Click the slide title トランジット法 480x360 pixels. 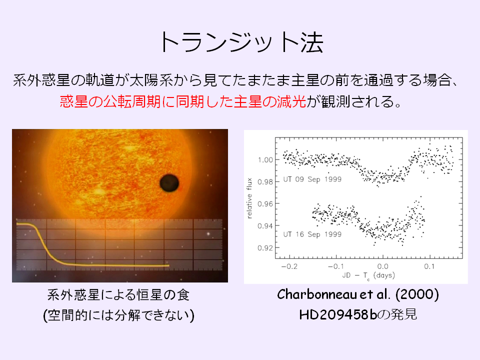pyautogui.click(x=241, y=42)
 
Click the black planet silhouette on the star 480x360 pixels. pyautogui.click(x=169, y=183)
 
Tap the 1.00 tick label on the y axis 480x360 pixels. pyautogui.click(x=265, y=160)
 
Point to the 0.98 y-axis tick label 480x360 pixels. pyautogui.click(x=265, y=182)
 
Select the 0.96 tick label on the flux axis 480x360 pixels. pyautogui.click(x=265, y=204)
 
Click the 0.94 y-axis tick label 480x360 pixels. pyautogui.click(x=265, y=226)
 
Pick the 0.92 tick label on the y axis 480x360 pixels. pyautogui.click(x=265, y=248)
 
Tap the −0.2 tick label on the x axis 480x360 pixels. pyautogui.click(x=289, y=266)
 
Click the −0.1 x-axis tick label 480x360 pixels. pyautogui.click(x=336, y=266)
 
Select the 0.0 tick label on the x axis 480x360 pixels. pyautogui.click(x=382, y=266)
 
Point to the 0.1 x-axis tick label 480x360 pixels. pyautogui.click(x=429, y=266)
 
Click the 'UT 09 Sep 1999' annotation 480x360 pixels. pyautogui.click(x=312, y=179)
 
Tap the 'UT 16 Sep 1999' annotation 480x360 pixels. pyautogui.click(x=312, y=234)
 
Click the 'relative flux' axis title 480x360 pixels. pyautogui.click(x=249, y=198)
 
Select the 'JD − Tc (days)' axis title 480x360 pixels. pyautogui.click(x=368, y=276)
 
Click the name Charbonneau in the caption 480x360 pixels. pyautogui.click(x=317, y=294)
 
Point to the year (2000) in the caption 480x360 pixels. pyautogui.click(x=417, y=294)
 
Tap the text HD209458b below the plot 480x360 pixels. pyautogui.click(x=338, y=314)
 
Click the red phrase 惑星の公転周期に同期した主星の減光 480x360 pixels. pyautogui.click(x=183, y=101)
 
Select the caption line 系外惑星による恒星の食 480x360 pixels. pyautogui.click(x=118, y=295)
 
